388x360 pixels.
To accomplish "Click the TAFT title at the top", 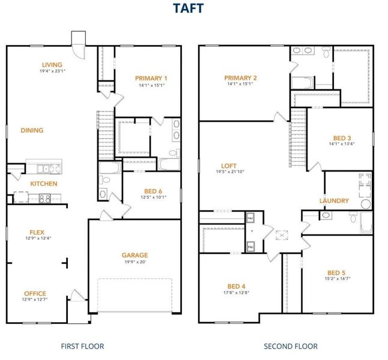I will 189,8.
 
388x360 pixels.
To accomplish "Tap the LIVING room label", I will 52,65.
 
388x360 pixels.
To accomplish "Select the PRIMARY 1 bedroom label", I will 151,78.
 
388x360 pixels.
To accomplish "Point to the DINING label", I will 32,130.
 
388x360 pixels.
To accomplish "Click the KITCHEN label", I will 44,184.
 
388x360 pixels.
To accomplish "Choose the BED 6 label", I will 152,190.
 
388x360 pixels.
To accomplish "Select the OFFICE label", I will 35,293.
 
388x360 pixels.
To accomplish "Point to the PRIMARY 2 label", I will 241,78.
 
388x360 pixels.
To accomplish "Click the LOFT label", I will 229,166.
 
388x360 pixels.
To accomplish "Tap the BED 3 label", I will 341,137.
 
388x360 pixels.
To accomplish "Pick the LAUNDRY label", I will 334,200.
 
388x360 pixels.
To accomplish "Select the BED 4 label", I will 236,286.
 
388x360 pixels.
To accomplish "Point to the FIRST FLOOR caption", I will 83,346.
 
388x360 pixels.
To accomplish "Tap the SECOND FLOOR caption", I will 291,346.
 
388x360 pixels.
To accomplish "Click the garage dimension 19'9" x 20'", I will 135,262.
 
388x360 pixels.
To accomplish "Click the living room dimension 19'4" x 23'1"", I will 52,71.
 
